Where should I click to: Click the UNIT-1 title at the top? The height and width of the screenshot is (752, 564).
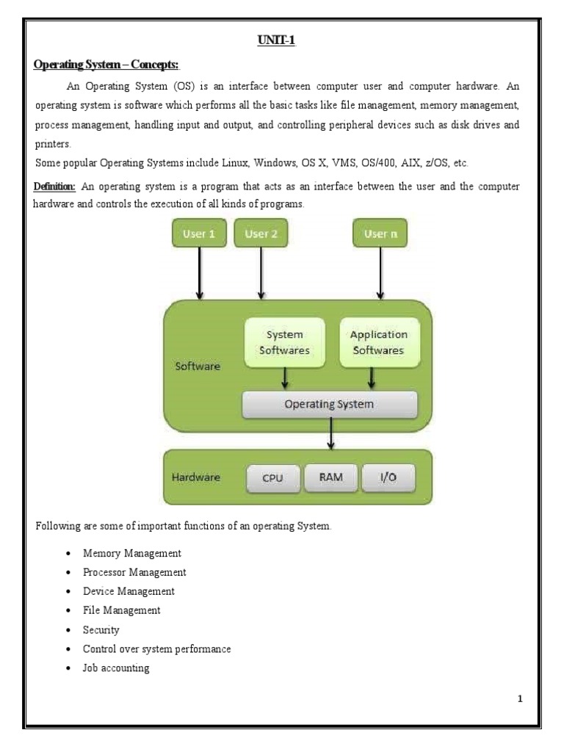[275, 40]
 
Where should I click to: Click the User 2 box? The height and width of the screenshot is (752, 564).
[261, 234]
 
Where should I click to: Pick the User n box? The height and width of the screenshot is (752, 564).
[380, 234]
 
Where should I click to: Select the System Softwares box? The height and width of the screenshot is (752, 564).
[285, 342]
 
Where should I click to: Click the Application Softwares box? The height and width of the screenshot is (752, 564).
[379, 342]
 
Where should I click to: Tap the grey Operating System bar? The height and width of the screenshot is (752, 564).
[330, 404]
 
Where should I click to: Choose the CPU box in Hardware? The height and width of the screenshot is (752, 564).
[273, 478]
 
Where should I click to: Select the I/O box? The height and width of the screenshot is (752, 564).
[388, 477]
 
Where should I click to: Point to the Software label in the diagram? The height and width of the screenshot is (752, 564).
[198, 366]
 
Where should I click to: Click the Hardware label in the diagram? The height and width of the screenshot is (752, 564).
[196, 477]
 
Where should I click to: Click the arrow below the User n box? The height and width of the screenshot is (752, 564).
[380, 273]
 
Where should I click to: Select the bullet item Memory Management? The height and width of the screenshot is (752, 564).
[132, 553]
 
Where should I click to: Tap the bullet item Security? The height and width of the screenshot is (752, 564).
[101, 629]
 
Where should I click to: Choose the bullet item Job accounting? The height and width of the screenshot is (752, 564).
[117, 668]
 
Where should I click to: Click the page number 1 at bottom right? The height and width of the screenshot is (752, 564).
[520, 699]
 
